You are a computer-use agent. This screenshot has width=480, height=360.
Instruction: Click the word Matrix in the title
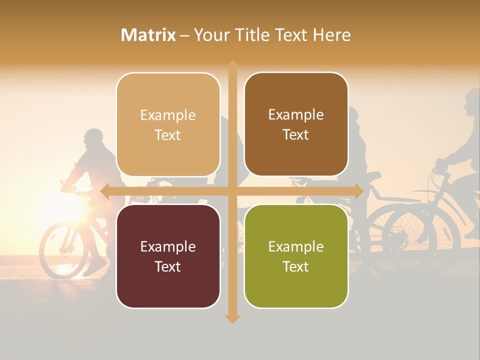coord(148,35)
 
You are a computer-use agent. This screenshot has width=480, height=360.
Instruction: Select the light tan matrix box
coord(168,124)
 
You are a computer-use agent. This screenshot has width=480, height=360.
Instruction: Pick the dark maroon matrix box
coord(168,256)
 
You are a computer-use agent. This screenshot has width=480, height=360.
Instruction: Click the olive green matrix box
coord(296,256)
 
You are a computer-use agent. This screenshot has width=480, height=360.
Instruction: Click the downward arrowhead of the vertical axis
coord(232,318)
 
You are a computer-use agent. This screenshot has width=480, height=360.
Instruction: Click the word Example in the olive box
coord(296,246)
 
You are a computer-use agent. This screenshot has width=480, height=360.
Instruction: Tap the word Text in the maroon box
coord(168,266)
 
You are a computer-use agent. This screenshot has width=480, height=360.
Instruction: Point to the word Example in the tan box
coord(168,115)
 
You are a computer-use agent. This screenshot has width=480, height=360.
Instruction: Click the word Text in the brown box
coord(296,135)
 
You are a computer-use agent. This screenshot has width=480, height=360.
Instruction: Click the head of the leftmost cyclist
coord(93,138)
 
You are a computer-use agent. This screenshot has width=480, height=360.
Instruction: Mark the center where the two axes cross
coord(232,191)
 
